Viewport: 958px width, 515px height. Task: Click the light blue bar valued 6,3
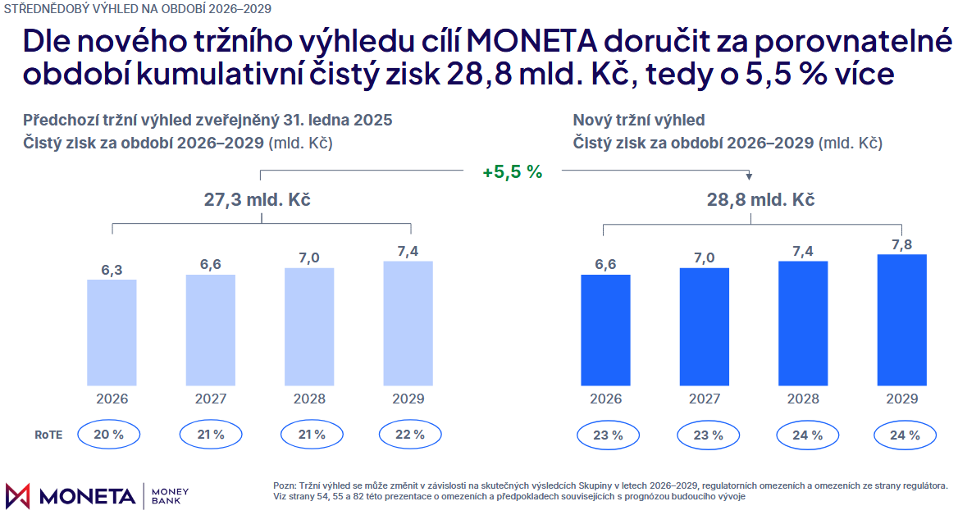coord(112,332)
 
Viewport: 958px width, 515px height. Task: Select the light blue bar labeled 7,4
coord(408,323)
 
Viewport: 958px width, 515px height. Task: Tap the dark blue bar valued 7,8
coord(901,320)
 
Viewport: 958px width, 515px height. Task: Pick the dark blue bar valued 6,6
coord(605,330)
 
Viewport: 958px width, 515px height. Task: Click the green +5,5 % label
coord(513,172)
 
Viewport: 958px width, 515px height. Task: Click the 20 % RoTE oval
coord(109,435)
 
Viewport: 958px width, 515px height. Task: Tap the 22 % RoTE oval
coord(409,435)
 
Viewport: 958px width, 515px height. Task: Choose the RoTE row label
coord(48,435)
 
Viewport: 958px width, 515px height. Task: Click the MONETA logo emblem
coord(18,495)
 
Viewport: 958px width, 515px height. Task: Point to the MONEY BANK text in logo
coord(171,495)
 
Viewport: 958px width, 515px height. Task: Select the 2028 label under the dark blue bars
coord(802,399)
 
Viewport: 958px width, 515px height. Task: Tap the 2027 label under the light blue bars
coord(211,399)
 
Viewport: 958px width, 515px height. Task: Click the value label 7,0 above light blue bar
coord(309,257)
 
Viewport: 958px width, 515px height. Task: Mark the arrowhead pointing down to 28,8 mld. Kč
coord(749,176)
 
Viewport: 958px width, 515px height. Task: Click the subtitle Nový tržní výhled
coord(639,120)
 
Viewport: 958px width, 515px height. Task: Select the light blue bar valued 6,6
coord(211,330)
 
